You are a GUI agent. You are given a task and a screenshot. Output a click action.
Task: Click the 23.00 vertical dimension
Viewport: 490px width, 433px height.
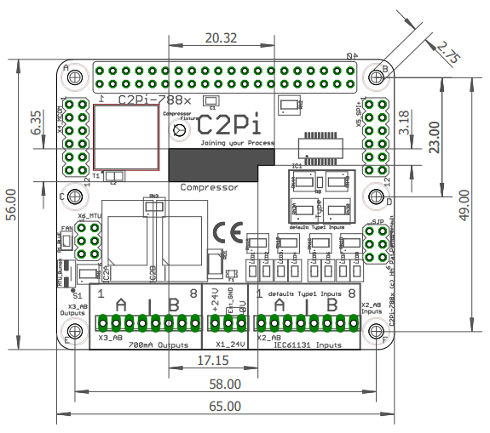(x=434, y=136)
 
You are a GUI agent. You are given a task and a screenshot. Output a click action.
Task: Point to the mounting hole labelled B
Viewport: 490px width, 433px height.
(x=376, y=77)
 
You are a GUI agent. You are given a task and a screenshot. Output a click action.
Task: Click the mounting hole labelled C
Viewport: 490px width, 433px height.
(x=75, y=197)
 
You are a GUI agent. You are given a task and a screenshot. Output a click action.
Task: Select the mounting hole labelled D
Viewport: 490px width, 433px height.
(x=376, y=197)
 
